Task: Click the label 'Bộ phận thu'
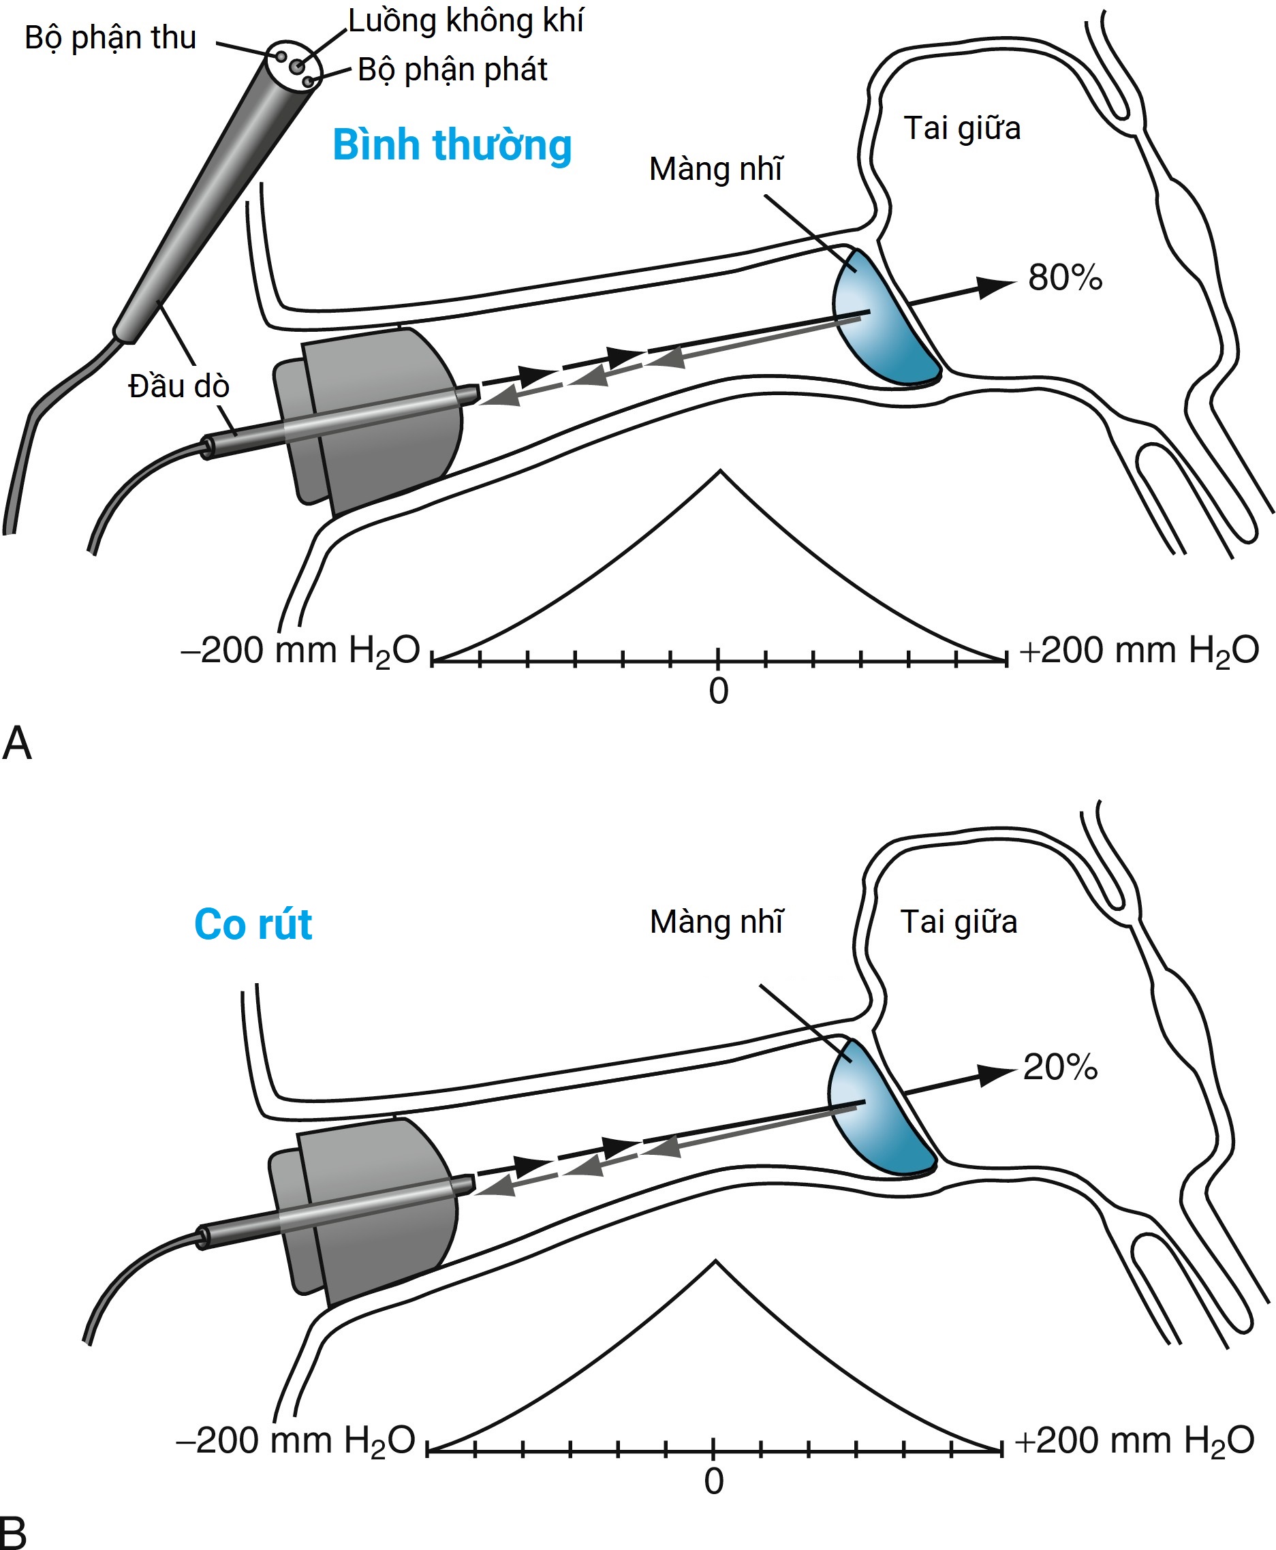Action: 110,38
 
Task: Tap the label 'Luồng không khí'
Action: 465,21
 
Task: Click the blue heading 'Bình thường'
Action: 452,145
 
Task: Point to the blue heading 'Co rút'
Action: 253,924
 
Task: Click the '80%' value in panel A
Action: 1065,278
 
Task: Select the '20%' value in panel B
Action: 1060,1067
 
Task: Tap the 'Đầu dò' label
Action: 178,386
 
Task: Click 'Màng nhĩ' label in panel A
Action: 716,169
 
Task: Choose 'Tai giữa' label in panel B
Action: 959,922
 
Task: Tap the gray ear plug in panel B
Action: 371,1205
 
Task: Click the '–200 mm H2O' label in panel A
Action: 300,651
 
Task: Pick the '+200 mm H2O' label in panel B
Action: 1134,1440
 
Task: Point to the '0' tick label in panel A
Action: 719,692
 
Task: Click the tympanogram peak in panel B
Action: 715,1262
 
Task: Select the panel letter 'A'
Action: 17,743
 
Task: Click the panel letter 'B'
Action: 13,1533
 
